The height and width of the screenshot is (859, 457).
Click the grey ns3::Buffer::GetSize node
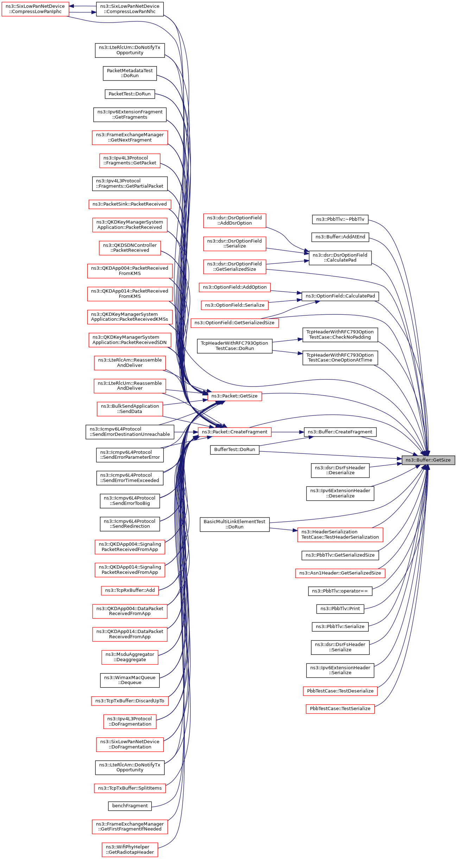coord(428,460)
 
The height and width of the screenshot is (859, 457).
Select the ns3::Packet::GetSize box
coord(234,396)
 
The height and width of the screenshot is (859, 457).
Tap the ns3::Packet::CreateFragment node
coord(234,432)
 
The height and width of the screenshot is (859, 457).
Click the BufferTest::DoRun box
coord(234,450)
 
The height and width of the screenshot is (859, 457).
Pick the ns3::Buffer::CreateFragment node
coord(340,432)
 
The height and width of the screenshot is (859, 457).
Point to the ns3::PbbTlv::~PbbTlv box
coord(340,219)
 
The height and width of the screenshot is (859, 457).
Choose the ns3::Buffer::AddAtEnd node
coord(340,237)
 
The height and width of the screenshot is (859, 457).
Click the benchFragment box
coord(130,806)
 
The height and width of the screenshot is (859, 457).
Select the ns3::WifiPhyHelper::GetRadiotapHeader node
coord(130,849)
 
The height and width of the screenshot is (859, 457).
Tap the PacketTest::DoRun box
coord(129,94)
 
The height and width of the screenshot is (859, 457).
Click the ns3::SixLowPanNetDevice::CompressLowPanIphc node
coord(35,9)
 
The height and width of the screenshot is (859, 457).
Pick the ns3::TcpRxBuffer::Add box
coord(130,590)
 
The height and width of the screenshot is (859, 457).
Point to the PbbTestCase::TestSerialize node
coord(340,709)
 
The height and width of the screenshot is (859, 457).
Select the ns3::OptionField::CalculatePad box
coord(340,296)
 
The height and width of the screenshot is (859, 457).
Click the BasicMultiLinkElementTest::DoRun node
coord(234,524)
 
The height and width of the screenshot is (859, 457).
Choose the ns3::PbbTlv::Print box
coord(340,609)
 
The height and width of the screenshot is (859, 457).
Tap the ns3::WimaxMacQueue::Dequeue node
coord(130,680)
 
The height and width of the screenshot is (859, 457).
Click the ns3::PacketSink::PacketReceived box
coord(129,204)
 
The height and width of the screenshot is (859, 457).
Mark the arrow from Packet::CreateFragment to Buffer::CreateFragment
coord(287,432)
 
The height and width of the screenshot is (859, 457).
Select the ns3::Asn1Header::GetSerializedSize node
coord(340,573)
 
